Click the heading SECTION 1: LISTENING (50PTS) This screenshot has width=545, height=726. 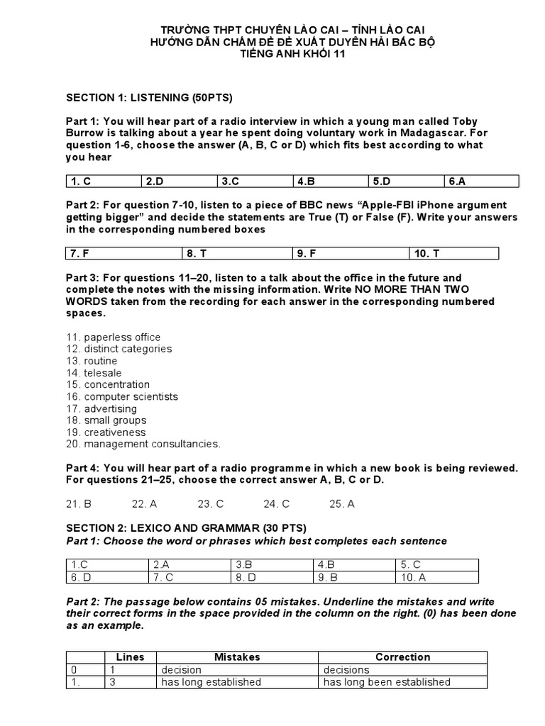coord(149,97)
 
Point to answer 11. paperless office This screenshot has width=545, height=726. coord(114,337)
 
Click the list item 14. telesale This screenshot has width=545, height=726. coord(94,373)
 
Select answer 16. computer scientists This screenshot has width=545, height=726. coord(122,397)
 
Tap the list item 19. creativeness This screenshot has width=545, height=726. coord(106,432)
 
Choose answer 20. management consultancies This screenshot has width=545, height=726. coord(143,445)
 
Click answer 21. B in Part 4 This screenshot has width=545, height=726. coord(79,504)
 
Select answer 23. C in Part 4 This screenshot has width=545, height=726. coord(211,504)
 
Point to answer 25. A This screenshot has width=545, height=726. coord(342,504)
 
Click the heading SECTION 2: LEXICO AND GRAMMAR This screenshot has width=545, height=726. coord(187,528)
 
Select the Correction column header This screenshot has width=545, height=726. coord(402,657)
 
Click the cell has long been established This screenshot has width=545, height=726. coord(387,682)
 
